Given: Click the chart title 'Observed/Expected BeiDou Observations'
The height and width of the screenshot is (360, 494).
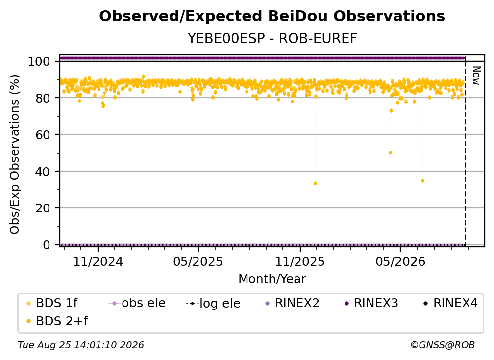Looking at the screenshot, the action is coord(272,16).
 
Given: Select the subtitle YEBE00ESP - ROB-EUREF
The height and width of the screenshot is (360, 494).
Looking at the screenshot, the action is coord(272,38).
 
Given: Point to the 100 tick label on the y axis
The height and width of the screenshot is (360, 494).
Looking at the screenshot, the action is coord(39,61).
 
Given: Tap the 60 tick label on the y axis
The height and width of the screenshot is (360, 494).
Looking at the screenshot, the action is coord(43,135).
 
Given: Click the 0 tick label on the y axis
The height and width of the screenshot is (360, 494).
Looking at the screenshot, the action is coord(47,245).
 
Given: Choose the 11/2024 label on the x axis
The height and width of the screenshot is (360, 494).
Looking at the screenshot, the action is coord(98,261).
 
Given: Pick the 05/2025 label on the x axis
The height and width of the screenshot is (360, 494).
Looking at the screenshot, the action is coord(198,261).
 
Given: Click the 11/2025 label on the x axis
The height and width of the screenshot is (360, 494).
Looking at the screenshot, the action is coord(300,261).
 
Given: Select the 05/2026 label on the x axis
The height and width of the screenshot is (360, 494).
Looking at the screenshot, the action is coord(400,261).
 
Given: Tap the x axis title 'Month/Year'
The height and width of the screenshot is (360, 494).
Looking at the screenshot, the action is coord(272,279).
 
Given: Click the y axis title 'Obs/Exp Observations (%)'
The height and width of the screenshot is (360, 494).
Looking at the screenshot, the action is coord(15,154).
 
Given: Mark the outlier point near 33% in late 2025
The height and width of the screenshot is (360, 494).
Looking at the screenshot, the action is coord(316,183).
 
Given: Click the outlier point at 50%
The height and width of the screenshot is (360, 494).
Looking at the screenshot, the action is coord(390,153).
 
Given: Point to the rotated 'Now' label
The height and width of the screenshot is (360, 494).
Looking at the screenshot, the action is coord(476,76).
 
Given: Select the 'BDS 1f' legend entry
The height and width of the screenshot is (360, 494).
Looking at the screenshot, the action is coord(52,303).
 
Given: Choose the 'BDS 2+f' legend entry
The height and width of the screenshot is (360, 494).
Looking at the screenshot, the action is coord(57,321).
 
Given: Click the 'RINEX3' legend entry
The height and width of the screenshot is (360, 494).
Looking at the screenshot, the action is coord(371,303).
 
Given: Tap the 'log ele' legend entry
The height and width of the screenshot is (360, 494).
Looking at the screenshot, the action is coord(213,304).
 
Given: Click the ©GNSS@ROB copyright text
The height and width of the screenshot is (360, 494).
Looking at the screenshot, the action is coord(443,345).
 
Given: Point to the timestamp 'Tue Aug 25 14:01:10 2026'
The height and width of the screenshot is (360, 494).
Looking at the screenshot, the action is coord(81,345).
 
